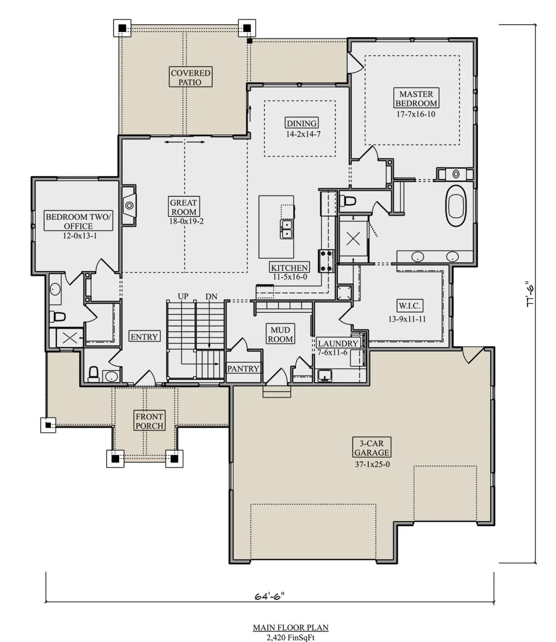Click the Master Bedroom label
416,98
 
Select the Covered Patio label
190,77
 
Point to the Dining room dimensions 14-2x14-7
303,134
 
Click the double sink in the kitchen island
286,229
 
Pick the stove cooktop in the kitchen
326,261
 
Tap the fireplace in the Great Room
129,205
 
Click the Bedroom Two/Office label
78,221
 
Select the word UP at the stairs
183,296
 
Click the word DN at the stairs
211,296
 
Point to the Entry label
145,336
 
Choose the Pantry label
243,368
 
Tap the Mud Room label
280,334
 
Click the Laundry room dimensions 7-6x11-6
332,352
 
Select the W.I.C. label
410,306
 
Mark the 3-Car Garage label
372,447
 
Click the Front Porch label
149,421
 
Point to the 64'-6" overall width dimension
270,596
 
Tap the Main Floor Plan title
291,627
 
